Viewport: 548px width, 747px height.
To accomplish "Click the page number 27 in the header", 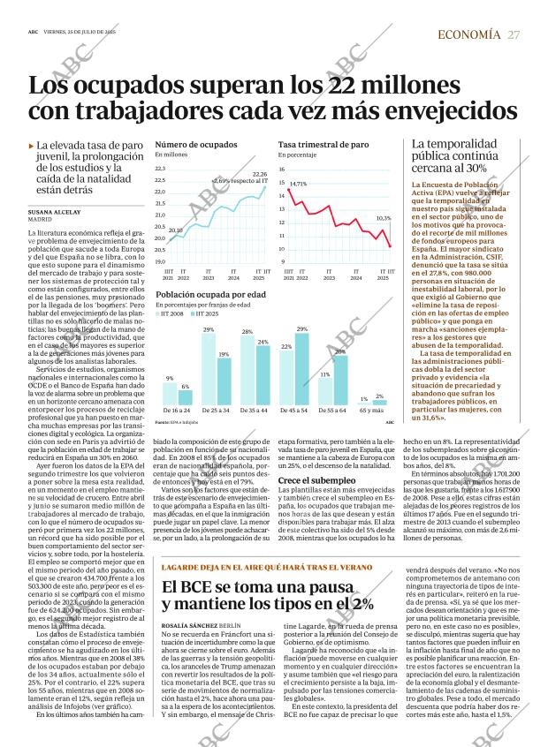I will tap(514, 34).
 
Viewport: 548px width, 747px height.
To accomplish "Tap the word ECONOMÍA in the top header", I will tap(468, 34).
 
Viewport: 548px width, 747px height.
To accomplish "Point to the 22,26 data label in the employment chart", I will tap(260, 175).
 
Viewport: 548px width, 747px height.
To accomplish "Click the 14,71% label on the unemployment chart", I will tap(298, 184).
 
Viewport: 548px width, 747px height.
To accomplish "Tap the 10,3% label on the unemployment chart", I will tap(384, 217).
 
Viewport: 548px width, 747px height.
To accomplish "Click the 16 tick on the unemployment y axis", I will tap(282, 168).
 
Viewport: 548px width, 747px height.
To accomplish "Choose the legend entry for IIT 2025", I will tap(205, 313).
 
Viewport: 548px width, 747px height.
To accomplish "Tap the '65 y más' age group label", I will tap(371, 411).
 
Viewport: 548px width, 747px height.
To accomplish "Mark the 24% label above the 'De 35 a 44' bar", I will tap(263, 342).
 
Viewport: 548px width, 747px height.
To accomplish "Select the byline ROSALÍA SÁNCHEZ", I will tap(189, 624).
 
